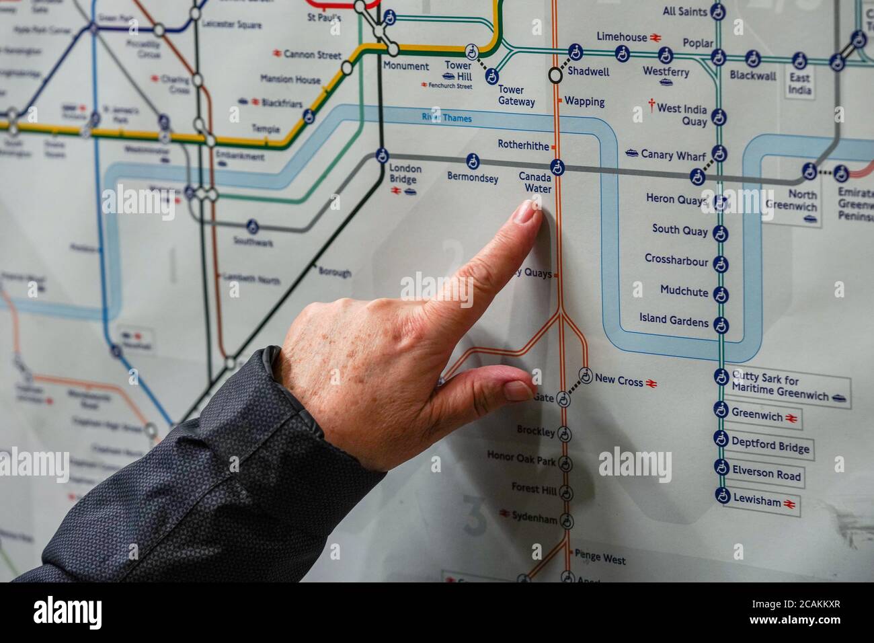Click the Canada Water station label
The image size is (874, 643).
tap(534, 182)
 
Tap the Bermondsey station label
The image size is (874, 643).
tap(473, 178)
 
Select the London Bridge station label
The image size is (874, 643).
tap(405, 174)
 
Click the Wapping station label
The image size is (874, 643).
tap(584, 102)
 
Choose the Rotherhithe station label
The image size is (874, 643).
tap(523, 145)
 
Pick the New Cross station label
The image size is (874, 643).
tap(619, 381)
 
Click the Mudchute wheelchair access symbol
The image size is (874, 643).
tap(721, 293)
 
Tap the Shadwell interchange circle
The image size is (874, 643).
tap(555, 75)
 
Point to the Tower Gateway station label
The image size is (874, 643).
tap(516, 96)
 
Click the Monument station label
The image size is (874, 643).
tap(405, 66)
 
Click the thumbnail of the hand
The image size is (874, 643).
tap(519, 391)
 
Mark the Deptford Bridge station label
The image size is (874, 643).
tap(770, 445)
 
